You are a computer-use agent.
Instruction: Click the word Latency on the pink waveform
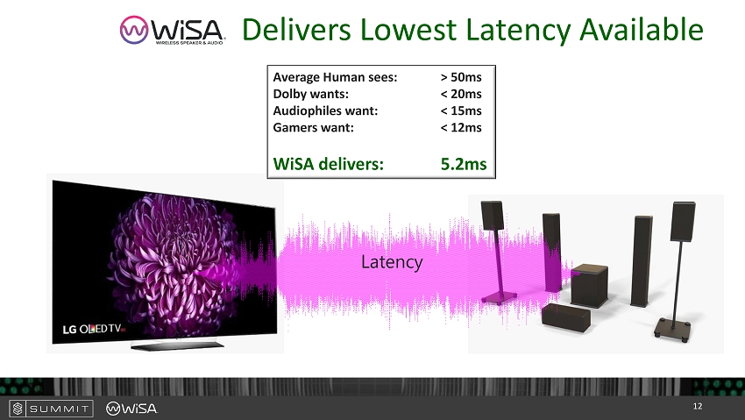click(392, 262)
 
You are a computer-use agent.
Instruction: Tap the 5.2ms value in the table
click(464, 164)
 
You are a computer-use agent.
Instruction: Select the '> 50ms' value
click(461, 77)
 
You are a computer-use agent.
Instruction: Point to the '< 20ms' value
click(461, 94)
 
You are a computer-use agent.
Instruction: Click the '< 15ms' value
click(461, 110)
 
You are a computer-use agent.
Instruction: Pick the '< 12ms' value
click(461, 127)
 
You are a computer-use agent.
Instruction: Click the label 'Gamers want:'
click(313, 127)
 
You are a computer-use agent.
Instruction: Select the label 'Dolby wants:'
click(311, 94)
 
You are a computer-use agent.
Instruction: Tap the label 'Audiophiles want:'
click(325, 110)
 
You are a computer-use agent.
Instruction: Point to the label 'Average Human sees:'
click(335, 77)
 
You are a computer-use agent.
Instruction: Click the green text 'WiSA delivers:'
click(329, 164)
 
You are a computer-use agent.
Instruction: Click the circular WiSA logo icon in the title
click(134, 30)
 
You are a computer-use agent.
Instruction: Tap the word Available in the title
click(642, 30)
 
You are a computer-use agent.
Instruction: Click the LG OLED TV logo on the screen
click(94, 329)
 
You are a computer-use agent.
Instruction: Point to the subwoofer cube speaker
click(589, 285)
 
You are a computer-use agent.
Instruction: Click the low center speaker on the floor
click(566, 317)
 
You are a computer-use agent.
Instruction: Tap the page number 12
click(698, 406)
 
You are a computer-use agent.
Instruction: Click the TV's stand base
click(177, 345)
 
